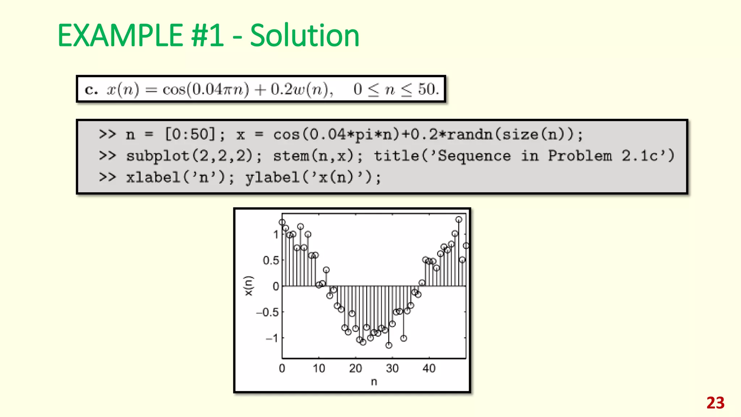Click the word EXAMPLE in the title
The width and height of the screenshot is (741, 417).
click(x=120, y=35)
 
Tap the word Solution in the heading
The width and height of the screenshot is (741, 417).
click(x=305, y=35)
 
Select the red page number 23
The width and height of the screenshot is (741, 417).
click(x=715, y=403)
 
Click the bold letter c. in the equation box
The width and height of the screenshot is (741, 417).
click(x=91, y=89)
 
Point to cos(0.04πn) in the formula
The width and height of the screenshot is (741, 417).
click(x=206, y=89)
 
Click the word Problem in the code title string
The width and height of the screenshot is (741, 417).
click(x=580, y=156)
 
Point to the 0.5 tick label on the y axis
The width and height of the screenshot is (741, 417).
click(x=271, y=260)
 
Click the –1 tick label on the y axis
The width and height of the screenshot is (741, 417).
click(x=272, y=338)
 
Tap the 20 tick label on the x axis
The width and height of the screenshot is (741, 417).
click(x=355, y=368)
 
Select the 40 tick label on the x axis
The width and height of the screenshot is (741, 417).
click(x=429, y=368)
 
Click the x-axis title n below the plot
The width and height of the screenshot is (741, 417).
click(x=374, y=382)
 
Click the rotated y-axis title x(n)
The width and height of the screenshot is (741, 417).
click(x=249, y=286)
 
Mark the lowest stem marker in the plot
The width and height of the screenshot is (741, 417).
click(x=389, y=345)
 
